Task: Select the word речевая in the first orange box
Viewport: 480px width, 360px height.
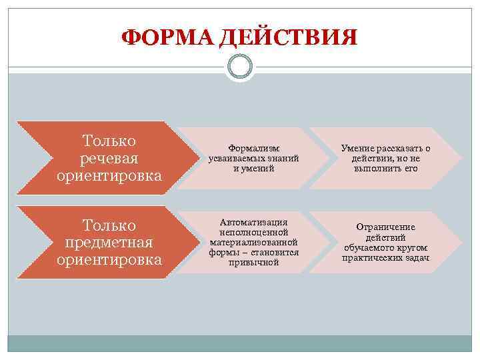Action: click(x=109, y=159)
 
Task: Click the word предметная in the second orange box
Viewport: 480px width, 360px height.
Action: click(x=109, y=242)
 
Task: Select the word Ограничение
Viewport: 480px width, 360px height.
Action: click(x=385, y=227)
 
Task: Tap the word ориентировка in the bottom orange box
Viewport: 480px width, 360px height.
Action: click(x=109, y=259)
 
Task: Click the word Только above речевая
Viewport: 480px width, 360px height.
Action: click(x=109, y=141)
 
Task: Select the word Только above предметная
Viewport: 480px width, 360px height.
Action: click(x=109, y=225)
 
